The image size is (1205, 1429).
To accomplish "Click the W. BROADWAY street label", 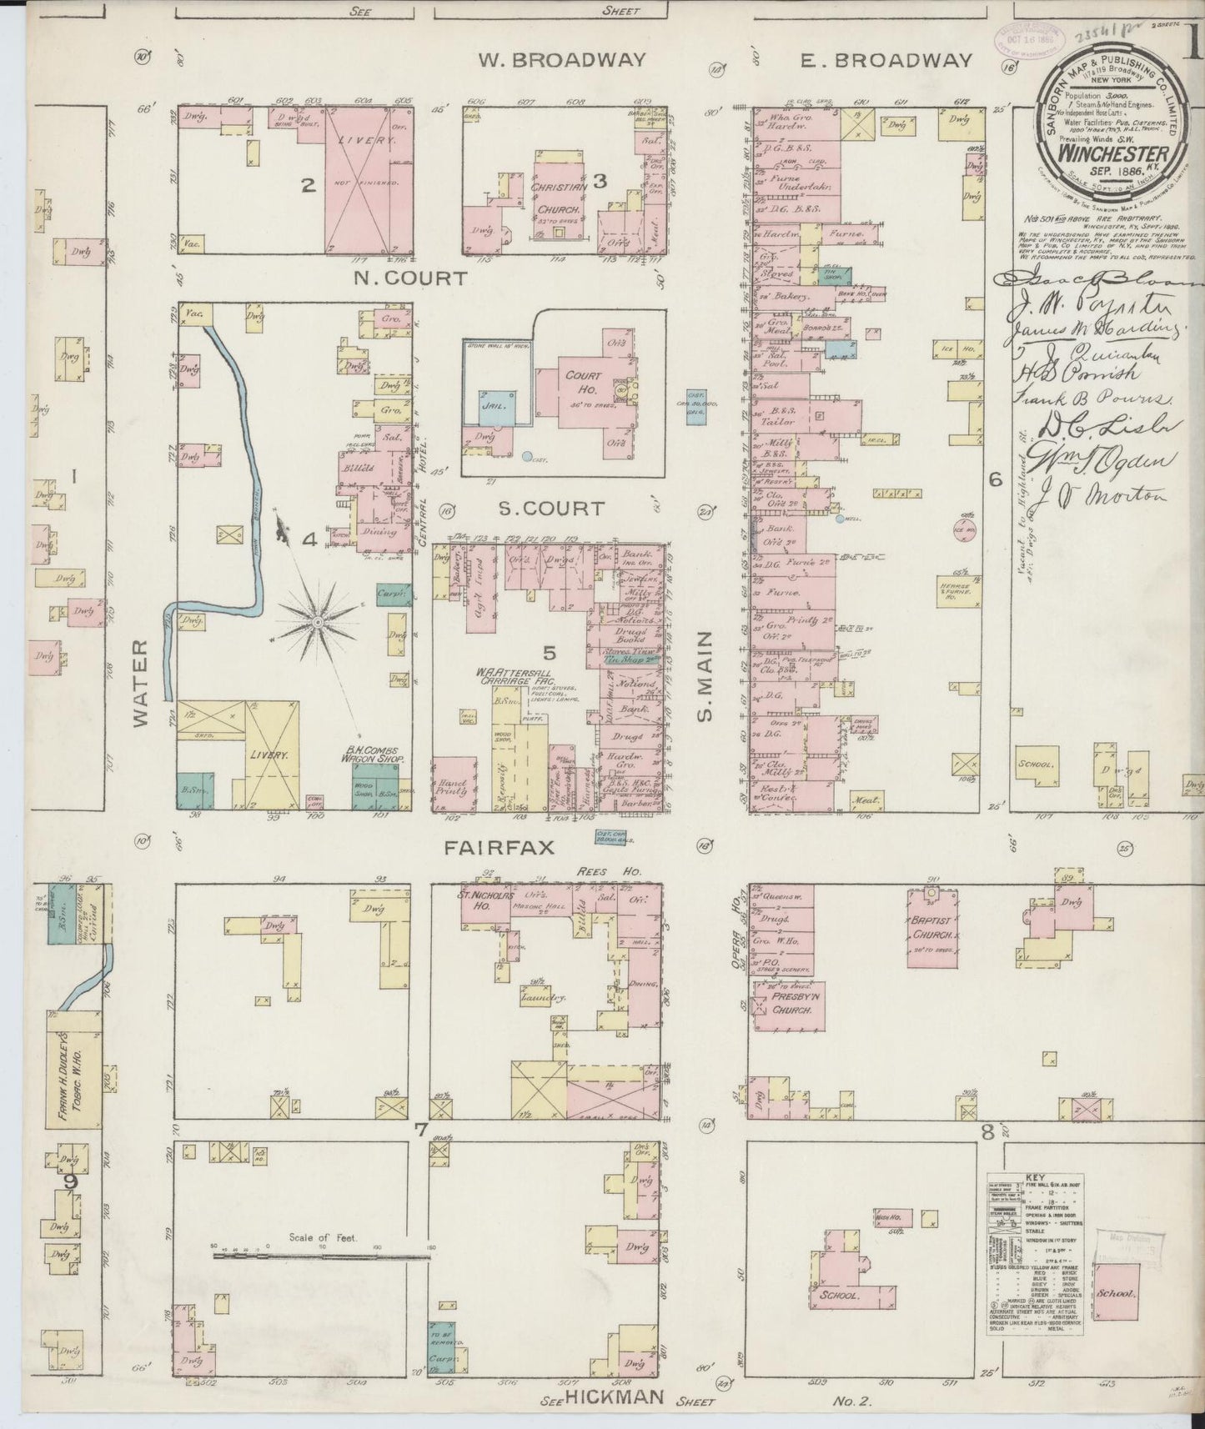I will [562, 60].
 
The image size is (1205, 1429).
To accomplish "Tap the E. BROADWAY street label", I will [886, 60].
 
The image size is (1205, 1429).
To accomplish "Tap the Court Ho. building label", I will [583, 382].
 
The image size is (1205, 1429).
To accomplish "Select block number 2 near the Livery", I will [308, 186].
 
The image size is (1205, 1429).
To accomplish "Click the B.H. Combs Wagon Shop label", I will [374, 755].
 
